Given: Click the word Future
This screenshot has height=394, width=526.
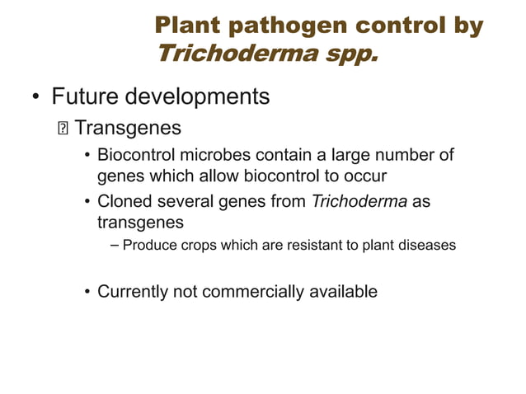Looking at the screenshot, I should (x=84, y=97).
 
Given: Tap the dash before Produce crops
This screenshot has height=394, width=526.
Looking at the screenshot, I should (x=114, y=246).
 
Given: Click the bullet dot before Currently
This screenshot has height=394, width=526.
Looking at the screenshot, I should (x=86, y=292).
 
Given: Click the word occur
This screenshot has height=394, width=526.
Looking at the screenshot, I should (x=366, y=176).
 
